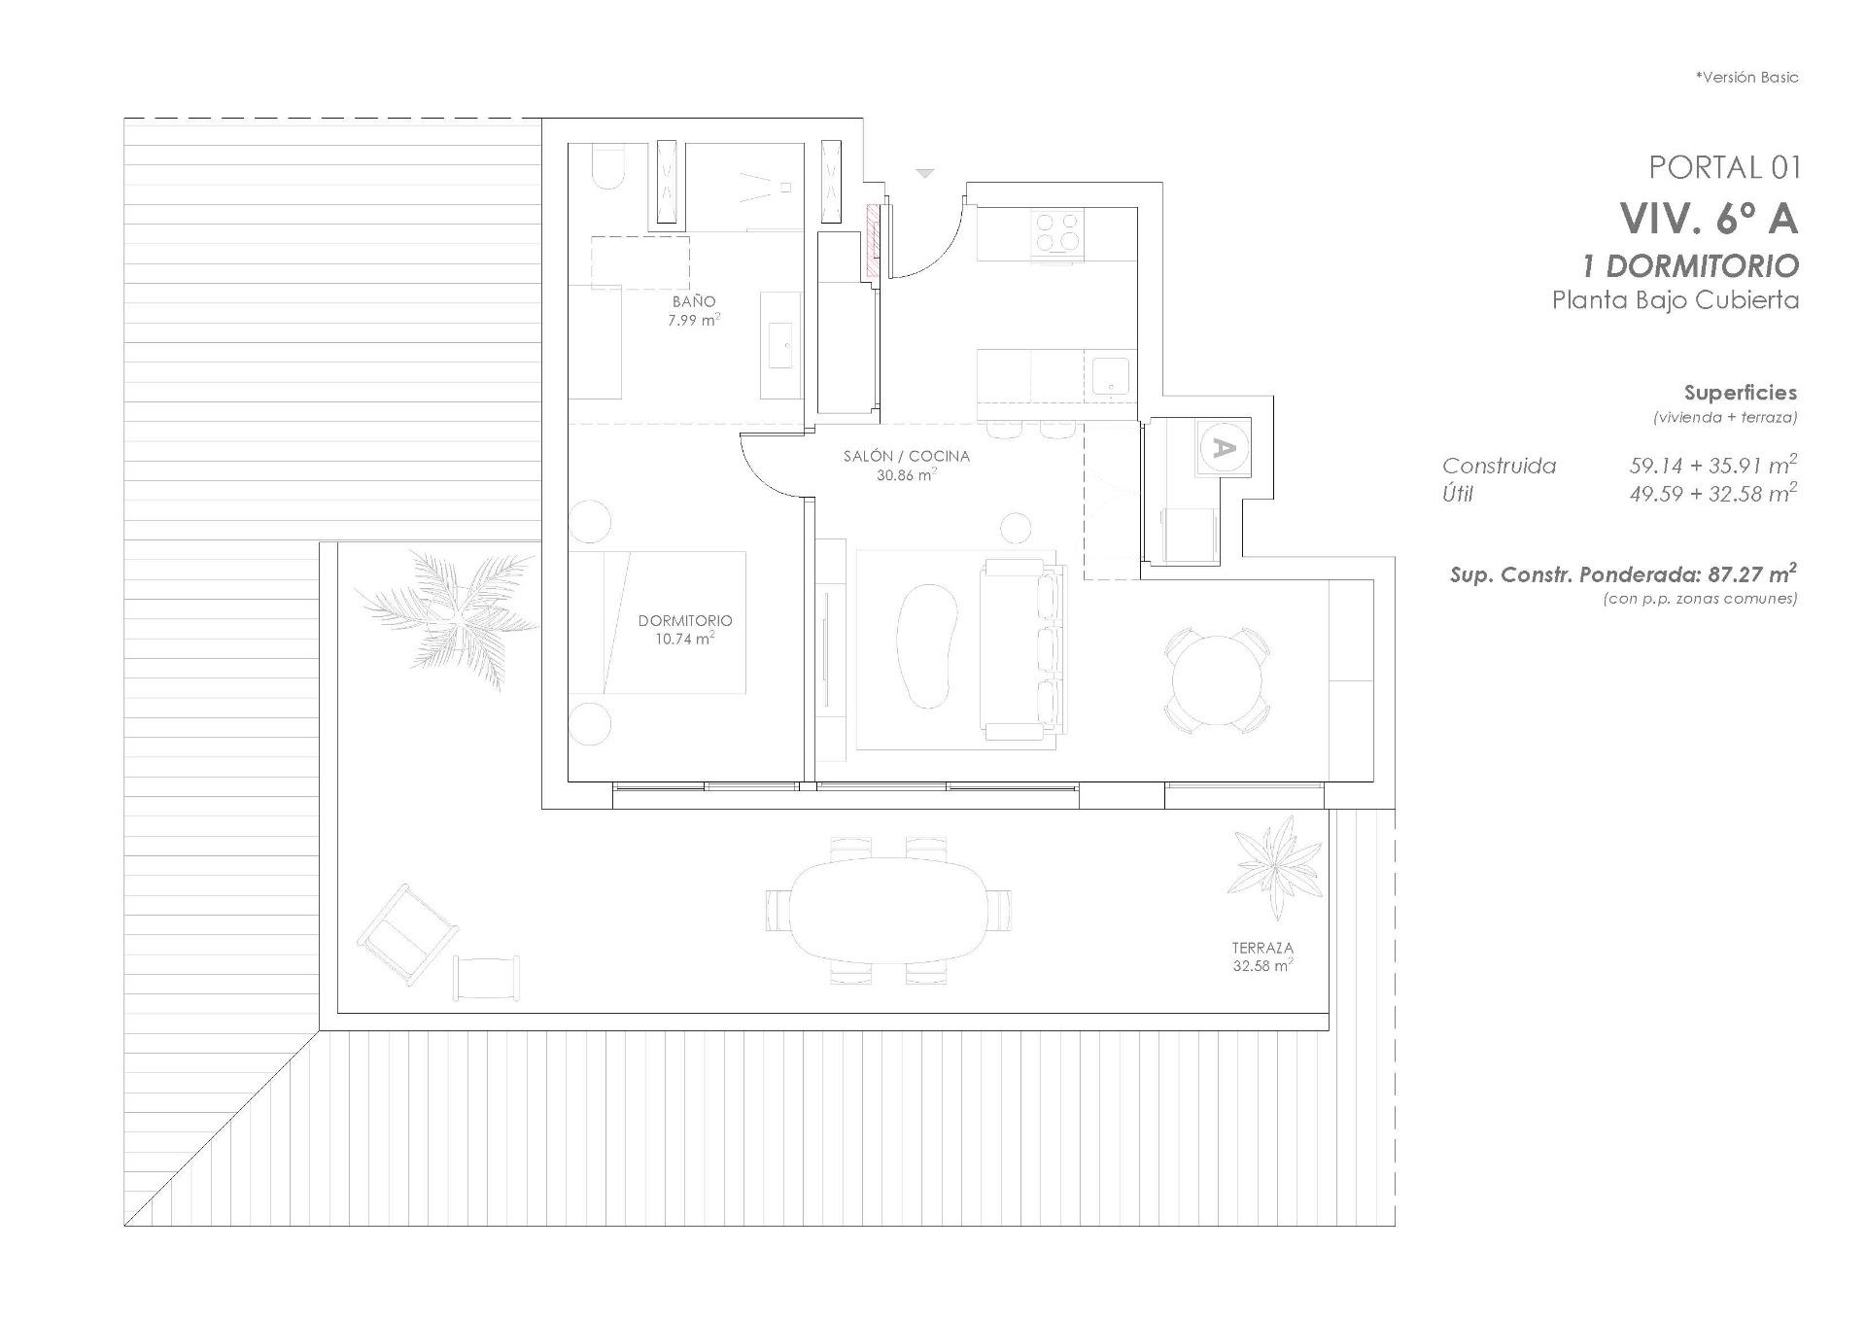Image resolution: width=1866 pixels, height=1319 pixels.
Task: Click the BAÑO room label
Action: [x=694, y=302]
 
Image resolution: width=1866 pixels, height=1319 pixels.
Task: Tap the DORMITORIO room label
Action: [x=685, y=621]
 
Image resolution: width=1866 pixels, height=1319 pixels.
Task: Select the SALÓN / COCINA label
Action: [x=906, y=456]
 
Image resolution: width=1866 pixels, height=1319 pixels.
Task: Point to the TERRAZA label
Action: [x=1262, y=948]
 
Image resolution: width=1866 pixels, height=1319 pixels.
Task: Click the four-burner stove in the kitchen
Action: [x=1057, y=233]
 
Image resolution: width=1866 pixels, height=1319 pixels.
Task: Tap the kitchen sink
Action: [x=1110, y=376]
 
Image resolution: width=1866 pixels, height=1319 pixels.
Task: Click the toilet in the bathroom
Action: [x=608, y=169]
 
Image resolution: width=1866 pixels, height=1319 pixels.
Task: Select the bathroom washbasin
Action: [x=780, y=345]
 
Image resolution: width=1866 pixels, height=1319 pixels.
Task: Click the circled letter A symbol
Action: [x=1224, y=448]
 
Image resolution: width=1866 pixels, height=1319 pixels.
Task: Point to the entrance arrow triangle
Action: [x=925, y=173]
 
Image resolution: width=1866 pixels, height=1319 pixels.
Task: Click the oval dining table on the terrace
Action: [x=889, y=911]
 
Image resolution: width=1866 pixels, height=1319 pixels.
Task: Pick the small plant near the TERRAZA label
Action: [x=1274, y=864]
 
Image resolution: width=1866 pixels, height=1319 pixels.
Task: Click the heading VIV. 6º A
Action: [x=1709, y=219]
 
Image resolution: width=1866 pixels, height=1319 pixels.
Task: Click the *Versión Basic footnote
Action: [x=1746, y=78]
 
